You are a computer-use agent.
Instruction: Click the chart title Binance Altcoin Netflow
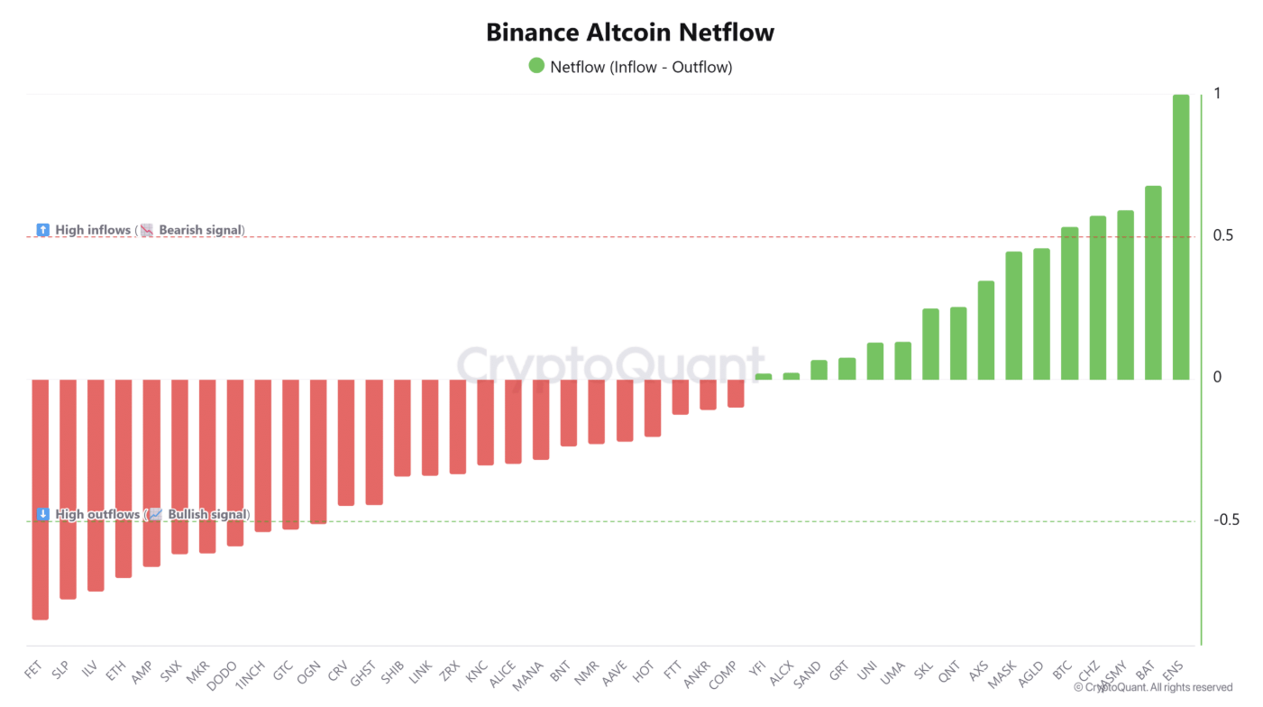coord(630,32)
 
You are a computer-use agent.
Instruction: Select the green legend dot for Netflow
coord(536,66)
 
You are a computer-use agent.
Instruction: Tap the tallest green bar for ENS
coord(1180,236)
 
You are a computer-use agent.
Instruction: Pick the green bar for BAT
coord(1152,282)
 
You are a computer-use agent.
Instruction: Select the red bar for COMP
coord(736,393)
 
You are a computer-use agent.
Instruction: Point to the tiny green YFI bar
coord(764,376)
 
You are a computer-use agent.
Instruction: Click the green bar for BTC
coord(1069,303)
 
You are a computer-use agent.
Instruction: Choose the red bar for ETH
coord(124,478)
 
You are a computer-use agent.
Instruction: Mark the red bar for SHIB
coord(402,427)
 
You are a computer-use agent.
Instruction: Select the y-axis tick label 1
coord(1217,94)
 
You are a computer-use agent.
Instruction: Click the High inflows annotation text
coord(93,230)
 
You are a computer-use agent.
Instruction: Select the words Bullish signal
coord(206,515)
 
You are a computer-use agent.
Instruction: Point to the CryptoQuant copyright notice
coord(1153,687)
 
